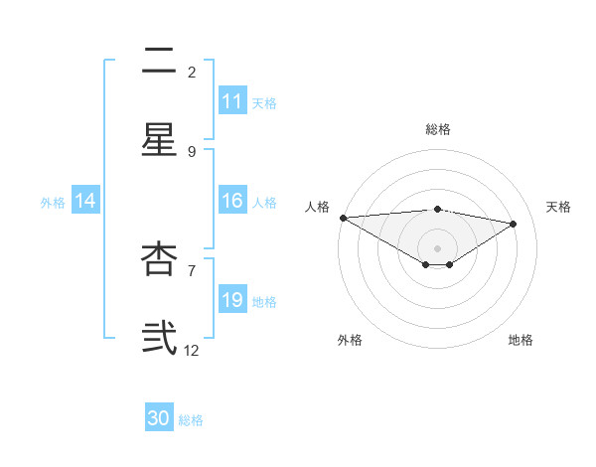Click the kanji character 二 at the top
159,62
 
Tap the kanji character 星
159,140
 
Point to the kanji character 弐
159,337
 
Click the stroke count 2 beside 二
192,73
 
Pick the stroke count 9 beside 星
192,151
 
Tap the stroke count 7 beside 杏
192,269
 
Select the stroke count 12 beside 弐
192,350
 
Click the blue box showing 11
232,101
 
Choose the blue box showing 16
232,201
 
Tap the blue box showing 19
232,300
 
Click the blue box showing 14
85,201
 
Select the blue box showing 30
159,418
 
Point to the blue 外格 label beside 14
53,202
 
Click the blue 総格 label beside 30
191,420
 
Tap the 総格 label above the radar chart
438,129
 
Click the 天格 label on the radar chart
558,207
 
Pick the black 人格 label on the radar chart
317,207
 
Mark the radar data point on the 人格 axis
343,218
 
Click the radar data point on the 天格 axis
514,224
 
